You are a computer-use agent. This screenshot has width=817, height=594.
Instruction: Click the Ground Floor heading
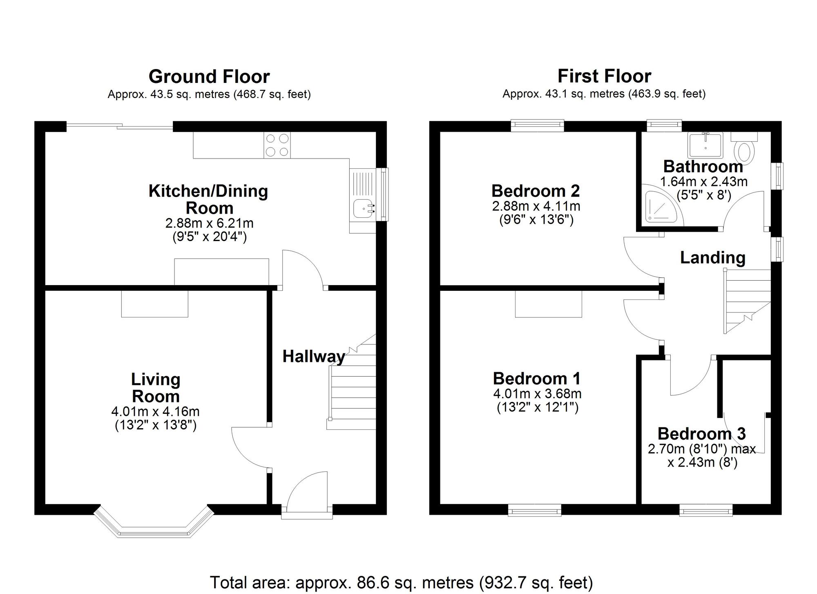click(209, 76)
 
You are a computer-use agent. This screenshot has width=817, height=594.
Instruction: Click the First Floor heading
click(604, 76)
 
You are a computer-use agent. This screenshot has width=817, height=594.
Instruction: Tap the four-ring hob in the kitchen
click(277, 145)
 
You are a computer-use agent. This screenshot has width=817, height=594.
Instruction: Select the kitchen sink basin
click(363, 209)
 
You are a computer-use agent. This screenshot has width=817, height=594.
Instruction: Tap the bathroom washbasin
click(705, 145)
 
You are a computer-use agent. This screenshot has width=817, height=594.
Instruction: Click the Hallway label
click(314, 356)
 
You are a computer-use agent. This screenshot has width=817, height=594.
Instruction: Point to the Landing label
click(712, 257)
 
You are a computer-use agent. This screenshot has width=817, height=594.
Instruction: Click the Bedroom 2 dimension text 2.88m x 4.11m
click(536, 206)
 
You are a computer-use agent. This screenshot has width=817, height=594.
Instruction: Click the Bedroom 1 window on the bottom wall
click(535, 510)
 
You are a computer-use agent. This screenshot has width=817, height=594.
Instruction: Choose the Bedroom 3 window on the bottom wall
click(706, 510)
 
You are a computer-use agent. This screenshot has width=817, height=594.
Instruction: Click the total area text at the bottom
click(401, 582)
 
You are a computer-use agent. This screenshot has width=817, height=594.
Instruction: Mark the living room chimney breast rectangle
click(154, 304)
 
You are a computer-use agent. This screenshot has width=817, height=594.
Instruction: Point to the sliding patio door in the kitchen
click(119, 127)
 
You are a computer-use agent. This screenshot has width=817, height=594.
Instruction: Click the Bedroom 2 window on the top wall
click(537, 125)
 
